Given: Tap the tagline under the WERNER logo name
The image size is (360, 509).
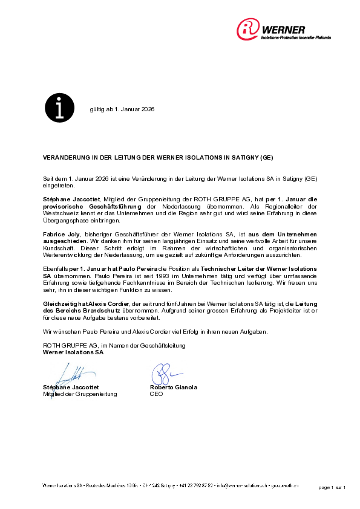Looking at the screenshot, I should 295,37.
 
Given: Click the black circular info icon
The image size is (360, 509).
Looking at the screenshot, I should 59,109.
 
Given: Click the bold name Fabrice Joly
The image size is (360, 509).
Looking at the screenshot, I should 59,233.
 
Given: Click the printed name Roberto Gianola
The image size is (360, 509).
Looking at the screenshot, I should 173,387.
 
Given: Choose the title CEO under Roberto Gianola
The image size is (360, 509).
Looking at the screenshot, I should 156,394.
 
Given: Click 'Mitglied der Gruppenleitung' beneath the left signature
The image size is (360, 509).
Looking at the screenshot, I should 80,394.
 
